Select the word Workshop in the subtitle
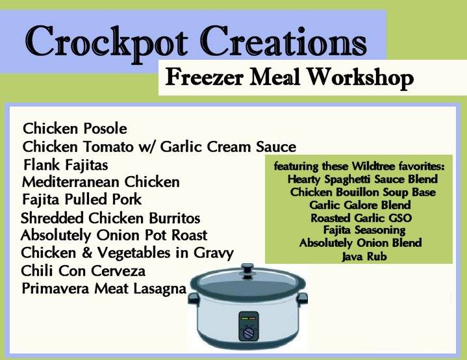(360, 77)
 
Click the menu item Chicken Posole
(75, 129)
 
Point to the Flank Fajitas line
(66, 165)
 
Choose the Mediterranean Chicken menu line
(101, 182)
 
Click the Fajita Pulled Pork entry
(82, 199)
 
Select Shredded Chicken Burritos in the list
(110, 218)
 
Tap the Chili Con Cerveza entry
(83, 271)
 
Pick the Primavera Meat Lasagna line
(104, 289)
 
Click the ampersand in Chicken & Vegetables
(86, 253)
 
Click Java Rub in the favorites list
(364, 257)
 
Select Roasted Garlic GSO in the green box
(361, 218)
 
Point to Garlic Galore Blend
(360, 205)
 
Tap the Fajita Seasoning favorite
(364, 231)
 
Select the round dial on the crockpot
(248, 333)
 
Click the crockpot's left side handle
(194, 299)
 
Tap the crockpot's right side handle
(302, 298)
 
